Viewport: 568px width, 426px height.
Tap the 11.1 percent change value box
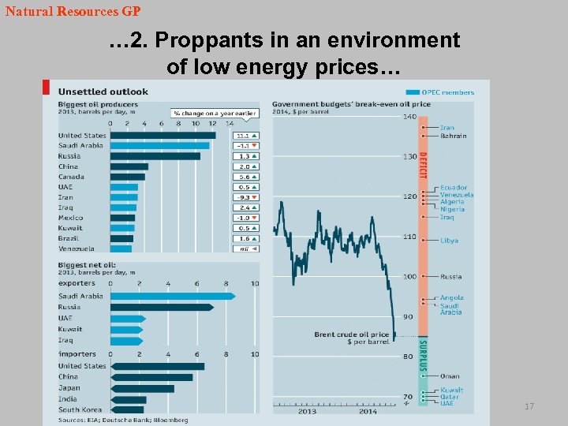tap(245, 136)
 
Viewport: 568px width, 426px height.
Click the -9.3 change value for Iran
tap(245, 197)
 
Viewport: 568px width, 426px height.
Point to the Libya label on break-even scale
tap(449, 241)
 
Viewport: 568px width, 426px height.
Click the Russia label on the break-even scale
tap(450, 277)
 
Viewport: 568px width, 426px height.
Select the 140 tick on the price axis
tap(409, 117)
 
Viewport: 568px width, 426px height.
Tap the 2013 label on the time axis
tap(308, 411)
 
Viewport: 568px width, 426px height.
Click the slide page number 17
tap(529, 406)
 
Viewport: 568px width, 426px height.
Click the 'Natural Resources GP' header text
tap(73, 12)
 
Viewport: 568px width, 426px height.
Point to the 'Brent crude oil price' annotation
tap(352, 334)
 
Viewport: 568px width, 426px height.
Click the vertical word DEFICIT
tap(423, 166)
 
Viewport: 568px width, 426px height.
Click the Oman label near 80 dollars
tap(450, 376)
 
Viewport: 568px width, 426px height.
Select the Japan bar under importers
tap(142, 388)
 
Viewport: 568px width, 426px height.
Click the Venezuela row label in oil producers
tap(76, 248)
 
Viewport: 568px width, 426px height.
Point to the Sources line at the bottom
tap(122, 420)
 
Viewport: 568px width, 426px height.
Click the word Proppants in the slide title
tap(206, 39)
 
